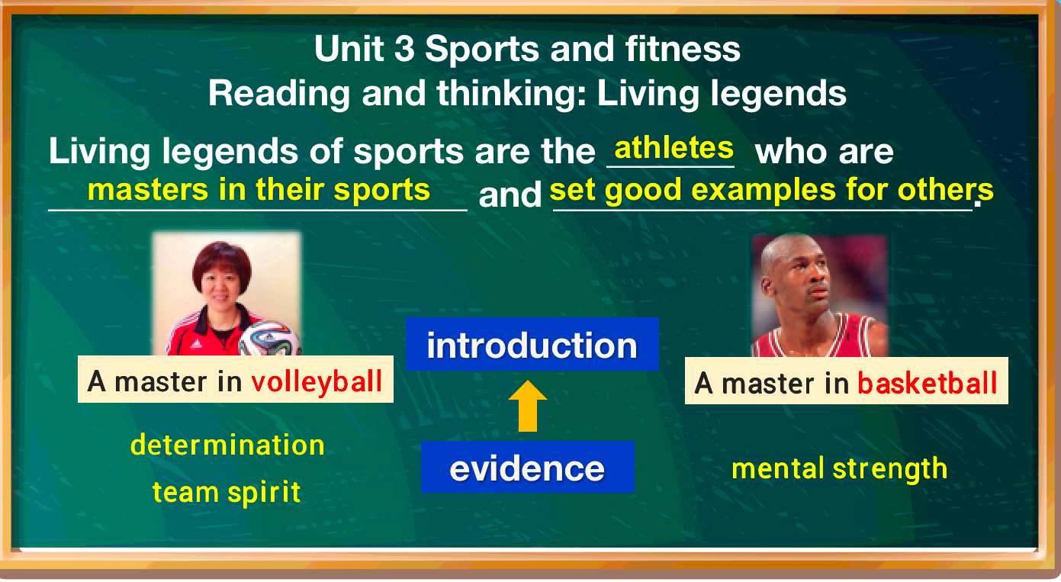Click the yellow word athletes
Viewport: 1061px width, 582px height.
[674, 147]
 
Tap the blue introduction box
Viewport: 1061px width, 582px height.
[532, 345]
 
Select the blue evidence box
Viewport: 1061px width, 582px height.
[527, 468]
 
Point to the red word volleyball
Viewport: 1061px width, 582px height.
[317, 380]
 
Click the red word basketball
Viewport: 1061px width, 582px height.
[927, 382]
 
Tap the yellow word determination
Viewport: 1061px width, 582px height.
[227, 445]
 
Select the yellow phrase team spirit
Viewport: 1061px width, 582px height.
[227, 492]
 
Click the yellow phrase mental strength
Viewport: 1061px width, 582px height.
[839, 468]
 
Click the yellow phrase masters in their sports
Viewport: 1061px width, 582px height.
[259, 189]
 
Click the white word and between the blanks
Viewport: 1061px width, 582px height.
[510, 195]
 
